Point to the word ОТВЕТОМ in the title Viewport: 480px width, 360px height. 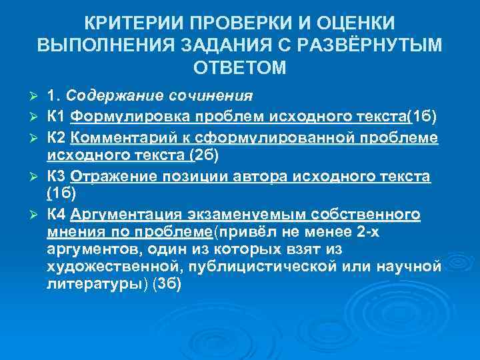pos(239,68)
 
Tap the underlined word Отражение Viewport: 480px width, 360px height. pos(112,176)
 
